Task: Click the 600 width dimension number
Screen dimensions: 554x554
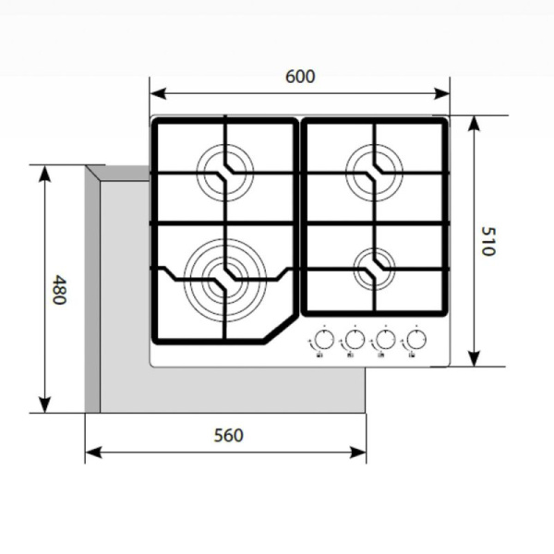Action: click(x=299, y=77)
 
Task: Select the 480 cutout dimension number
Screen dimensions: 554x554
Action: click(x=59, y=290)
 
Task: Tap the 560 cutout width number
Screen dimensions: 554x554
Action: click(x=227, y=435)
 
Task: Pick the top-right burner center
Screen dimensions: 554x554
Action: click(x=375, y=169)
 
